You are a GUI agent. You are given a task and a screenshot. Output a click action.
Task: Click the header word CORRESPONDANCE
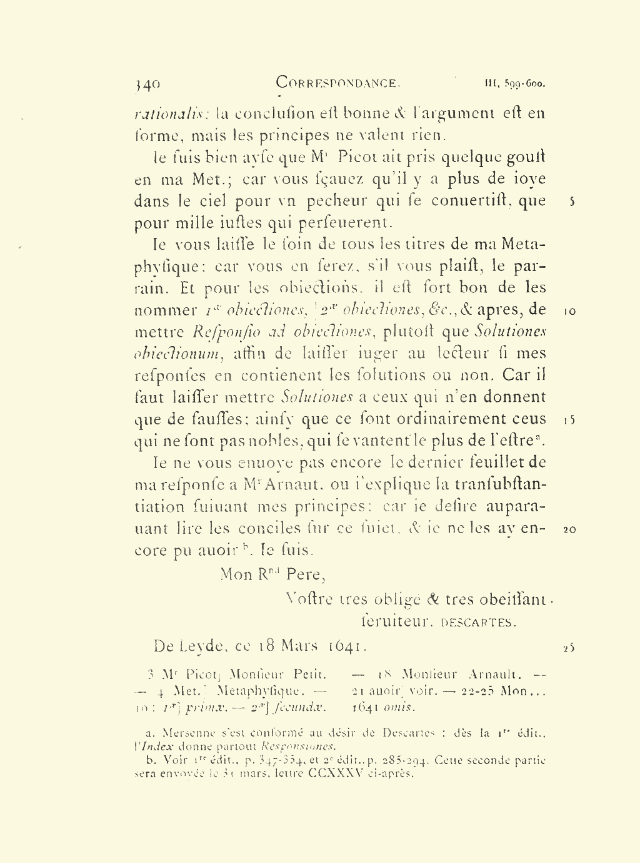337,83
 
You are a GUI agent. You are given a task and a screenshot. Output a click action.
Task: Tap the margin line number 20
569,529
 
